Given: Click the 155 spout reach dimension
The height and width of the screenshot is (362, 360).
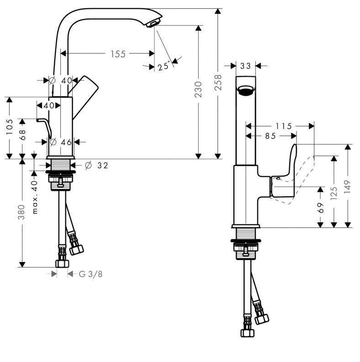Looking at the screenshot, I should tap(117, 54).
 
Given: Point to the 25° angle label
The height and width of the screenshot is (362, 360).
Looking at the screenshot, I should tap(164, 67).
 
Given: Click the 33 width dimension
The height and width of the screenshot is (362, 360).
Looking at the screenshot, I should tap(245, 66).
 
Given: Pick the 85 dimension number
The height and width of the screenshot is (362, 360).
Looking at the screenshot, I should tap(270, 136).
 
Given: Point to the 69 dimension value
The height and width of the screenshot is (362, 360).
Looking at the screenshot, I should tap(321, 208).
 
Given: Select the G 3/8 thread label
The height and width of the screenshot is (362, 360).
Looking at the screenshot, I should tap(90, 274).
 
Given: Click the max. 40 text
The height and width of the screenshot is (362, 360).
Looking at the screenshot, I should tap(34, 197).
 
